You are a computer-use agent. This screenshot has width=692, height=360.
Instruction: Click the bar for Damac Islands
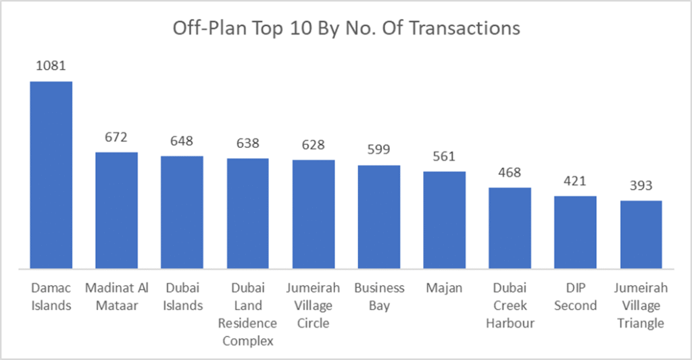(51, 174)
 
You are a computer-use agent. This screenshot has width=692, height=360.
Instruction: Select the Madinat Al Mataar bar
(116, 210)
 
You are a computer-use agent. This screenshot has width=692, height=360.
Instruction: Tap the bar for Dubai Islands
(182, 212)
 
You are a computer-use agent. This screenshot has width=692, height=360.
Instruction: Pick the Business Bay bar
(379, 216)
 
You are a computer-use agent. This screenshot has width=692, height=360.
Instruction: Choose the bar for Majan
(445, 220)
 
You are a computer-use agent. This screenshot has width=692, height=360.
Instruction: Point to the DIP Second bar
(575, 232)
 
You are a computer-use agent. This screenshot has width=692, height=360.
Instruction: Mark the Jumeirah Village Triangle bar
(641, 234)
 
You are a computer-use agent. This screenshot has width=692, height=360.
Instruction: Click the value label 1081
(51, 66)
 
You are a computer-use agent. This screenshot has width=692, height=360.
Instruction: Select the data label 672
(116, 138)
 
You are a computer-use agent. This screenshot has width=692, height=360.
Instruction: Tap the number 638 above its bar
(247, 143)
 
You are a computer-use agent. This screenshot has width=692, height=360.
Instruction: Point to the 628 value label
(314, 145)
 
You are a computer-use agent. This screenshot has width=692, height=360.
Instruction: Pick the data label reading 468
(510, 173)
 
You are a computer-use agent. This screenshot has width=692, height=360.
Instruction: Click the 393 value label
(641, 186)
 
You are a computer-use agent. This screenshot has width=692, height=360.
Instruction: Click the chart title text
(346, 28)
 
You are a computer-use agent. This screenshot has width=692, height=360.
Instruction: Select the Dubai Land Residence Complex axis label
(247, 314)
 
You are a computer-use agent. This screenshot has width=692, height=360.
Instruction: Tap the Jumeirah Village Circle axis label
(314, 305)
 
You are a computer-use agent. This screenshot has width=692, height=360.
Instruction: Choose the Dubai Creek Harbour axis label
(510, 305)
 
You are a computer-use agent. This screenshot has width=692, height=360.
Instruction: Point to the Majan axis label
(445, 288)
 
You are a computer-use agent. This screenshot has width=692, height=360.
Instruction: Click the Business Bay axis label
(379, 297)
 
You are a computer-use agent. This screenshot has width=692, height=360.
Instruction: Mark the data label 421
(575, 182)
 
